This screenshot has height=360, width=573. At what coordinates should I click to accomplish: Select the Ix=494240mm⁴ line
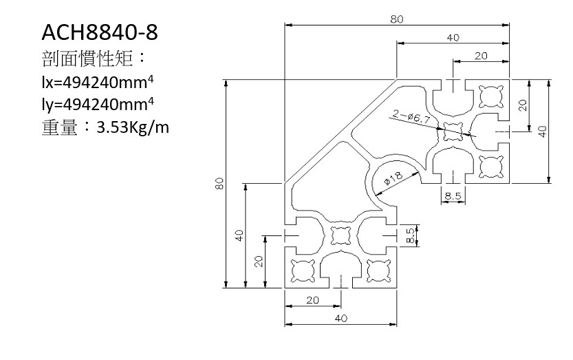98,83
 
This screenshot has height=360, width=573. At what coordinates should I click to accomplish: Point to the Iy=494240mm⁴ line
98,105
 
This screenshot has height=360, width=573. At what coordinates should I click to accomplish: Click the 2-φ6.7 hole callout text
412,116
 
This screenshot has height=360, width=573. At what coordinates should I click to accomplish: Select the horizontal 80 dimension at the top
397,19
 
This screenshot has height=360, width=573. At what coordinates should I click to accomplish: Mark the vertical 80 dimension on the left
220,184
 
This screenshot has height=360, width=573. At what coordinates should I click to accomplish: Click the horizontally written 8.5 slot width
453,197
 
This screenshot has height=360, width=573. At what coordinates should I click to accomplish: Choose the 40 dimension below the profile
341,318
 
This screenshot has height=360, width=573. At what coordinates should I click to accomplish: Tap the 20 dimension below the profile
313,301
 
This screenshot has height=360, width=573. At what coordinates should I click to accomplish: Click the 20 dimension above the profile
480,56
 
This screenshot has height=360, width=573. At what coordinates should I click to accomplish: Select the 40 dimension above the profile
453,38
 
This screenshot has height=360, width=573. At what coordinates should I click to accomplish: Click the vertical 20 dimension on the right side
523,105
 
